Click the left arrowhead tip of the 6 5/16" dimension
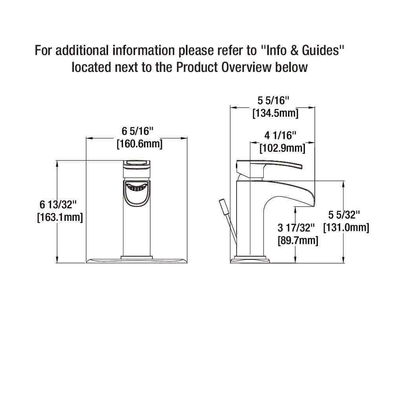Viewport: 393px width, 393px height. (86, 138)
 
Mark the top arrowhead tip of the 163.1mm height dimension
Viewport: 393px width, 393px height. (57, 161)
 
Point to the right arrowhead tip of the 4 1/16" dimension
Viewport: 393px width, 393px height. (314, 143)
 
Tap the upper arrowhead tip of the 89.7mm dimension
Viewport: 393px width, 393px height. (296, 207)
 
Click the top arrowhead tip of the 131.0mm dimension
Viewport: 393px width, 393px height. (343, 181)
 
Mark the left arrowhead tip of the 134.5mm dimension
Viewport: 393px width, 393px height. (230, 108)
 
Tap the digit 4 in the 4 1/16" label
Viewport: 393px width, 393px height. (267, 136)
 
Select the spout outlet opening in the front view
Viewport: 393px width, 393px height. (137, 187)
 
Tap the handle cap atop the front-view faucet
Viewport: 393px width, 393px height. (137, 165)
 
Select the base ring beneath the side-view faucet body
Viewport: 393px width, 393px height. (250, 257)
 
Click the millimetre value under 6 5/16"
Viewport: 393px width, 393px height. (140, 144)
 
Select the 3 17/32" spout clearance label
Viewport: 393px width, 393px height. (296, 228)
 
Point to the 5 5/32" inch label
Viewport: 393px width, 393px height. (344, 215)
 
